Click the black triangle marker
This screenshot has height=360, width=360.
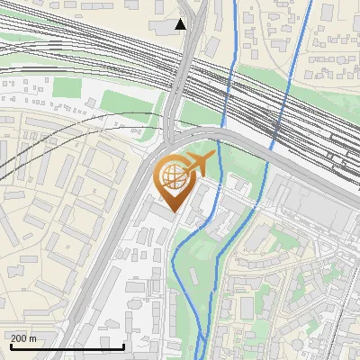(181, 24)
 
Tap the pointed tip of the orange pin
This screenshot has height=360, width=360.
(175, 212)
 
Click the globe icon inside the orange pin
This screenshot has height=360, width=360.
(174, 179)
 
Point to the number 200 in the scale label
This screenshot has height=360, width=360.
(19, 337)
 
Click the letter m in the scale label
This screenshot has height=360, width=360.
(34, 337)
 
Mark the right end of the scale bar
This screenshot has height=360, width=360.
(124, 346)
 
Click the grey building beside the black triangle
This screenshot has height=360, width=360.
(165, 29)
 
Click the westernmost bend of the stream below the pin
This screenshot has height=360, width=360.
(171, 261)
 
